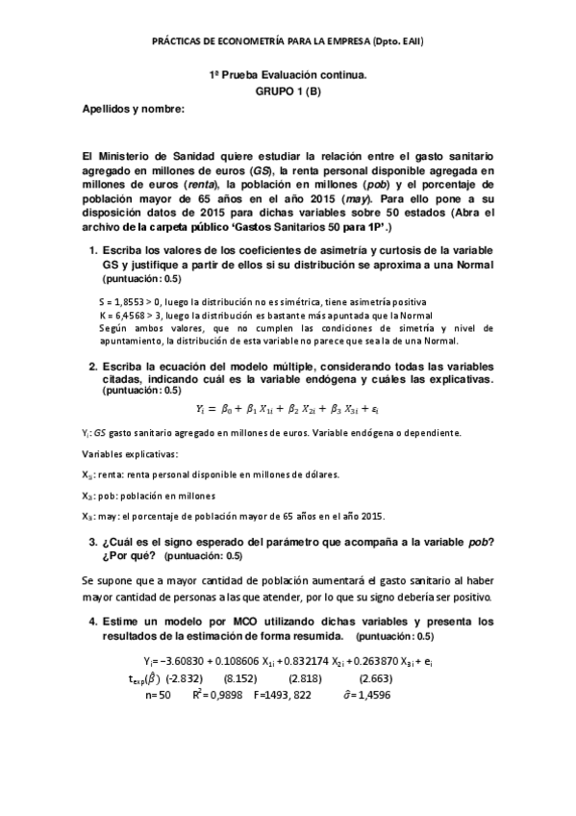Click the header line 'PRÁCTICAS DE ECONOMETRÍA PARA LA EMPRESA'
click(288, 41)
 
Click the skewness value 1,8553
click(127, 302)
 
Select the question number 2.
click(91, 367)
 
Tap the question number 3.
click(91, 545)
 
